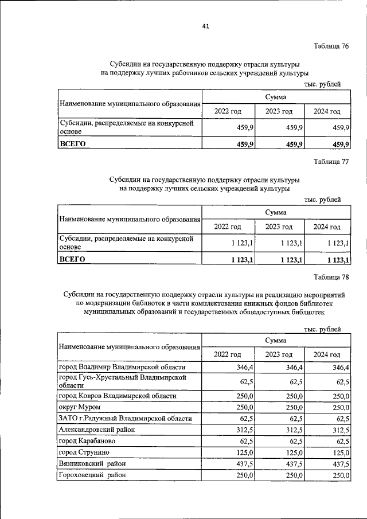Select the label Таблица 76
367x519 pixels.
pos(331,46)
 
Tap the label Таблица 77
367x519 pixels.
pos(331,161)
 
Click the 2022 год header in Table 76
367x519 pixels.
pos(228,111)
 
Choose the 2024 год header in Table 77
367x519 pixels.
pos(327,227)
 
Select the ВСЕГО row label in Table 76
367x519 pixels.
pos(72,144)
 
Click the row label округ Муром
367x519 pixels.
pos(80,407)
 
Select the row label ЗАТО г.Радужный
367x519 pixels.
pos(125,419)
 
